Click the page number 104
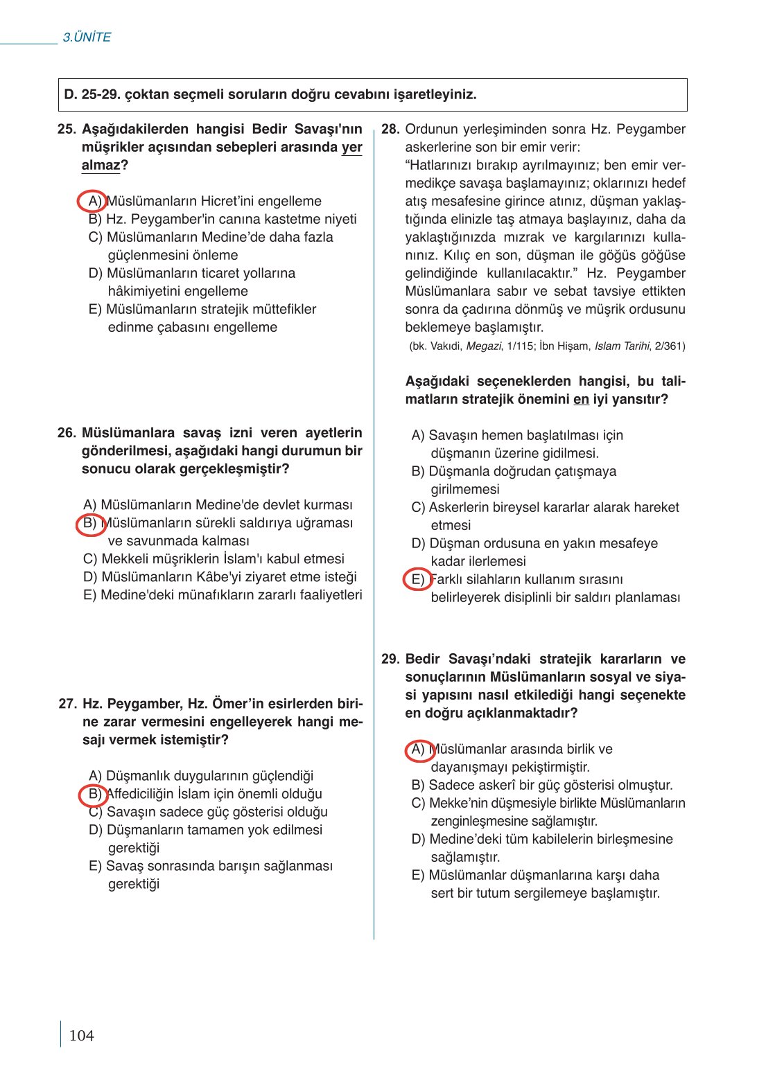[x=81, y=1036]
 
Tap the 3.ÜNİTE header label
[x=87, y=37]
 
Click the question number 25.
[x=67, y=130]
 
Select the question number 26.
[x=67, y=433]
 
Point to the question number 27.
[x=68, y=704]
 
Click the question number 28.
[x=390, y=130]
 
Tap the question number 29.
[x=390, y=659]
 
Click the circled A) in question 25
[x=92, y=201]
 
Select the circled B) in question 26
[x=90, y=523]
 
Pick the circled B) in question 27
[x=93, y=794]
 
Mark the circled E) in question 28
[x=417, y=579]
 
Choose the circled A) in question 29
[x=419, y=750]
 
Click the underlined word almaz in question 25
[x=101, y=166]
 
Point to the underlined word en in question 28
[x=581, y=400]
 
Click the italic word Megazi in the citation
[x=483, y=346]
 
